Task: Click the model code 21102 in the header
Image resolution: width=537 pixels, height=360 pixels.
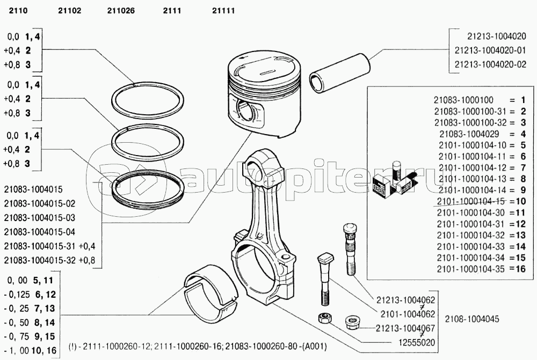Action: tap(68, 10)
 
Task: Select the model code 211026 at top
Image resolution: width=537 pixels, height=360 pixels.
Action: tap(121, 10)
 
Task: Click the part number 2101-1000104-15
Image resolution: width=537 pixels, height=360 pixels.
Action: tap(471, 201)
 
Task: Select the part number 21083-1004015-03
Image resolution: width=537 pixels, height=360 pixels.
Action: tap(40, 218)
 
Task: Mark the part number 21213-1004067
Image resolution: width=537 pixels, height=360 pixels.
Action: tap(405, 328)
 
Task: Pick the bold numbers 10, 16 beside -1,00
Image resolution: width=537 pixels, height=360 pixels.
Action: tap(44, 350)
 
